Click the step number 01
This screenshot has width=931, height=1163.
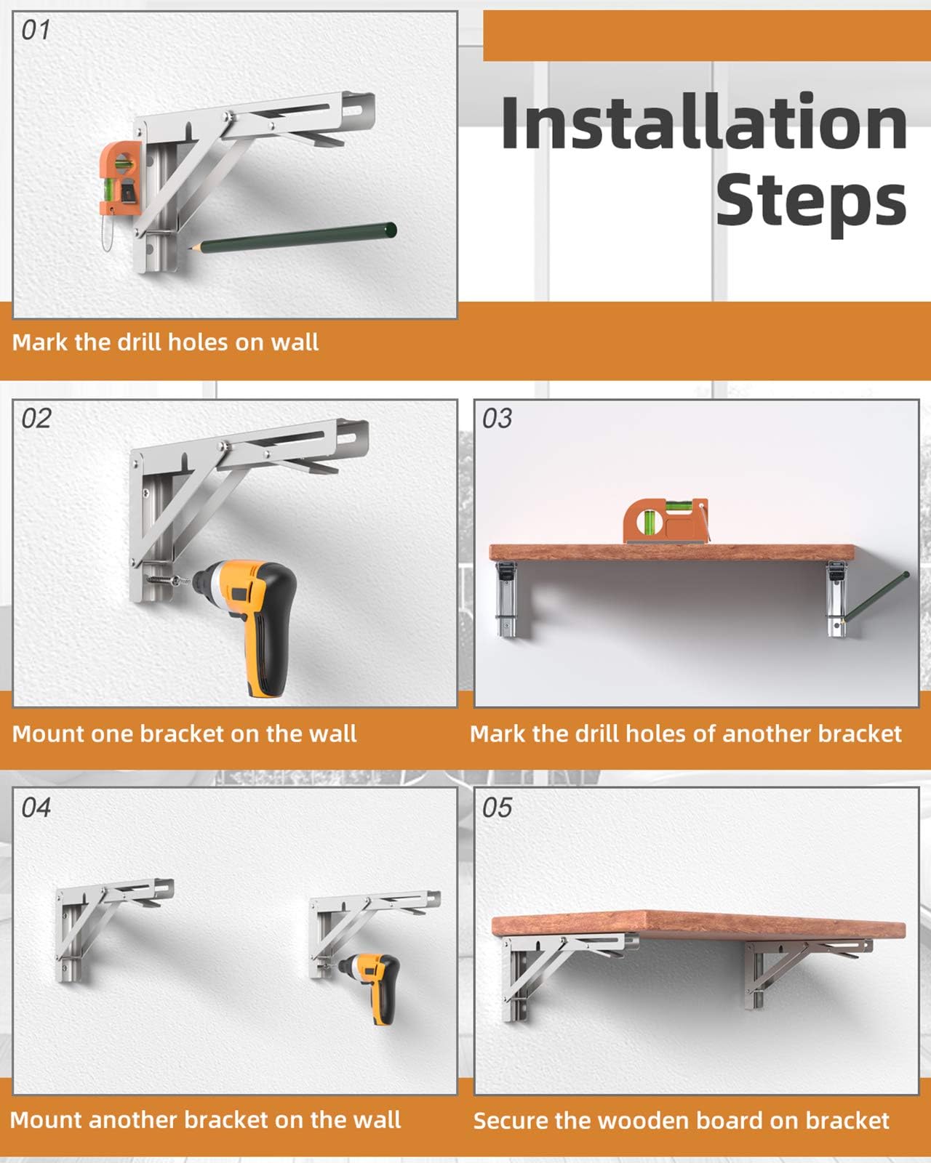36,31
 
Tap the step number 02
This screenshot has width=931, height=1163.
36,419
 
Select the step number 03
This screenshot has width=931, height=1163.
498,419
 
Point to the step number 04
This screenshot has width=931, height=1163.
36,808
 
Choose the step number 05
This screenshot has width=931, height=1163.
498,808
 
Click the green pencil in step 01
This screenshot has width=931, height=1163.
292,237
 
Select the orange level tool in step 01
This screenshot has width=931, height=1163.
120,177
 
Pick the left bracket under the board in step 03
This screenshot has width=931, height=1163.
507,599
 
